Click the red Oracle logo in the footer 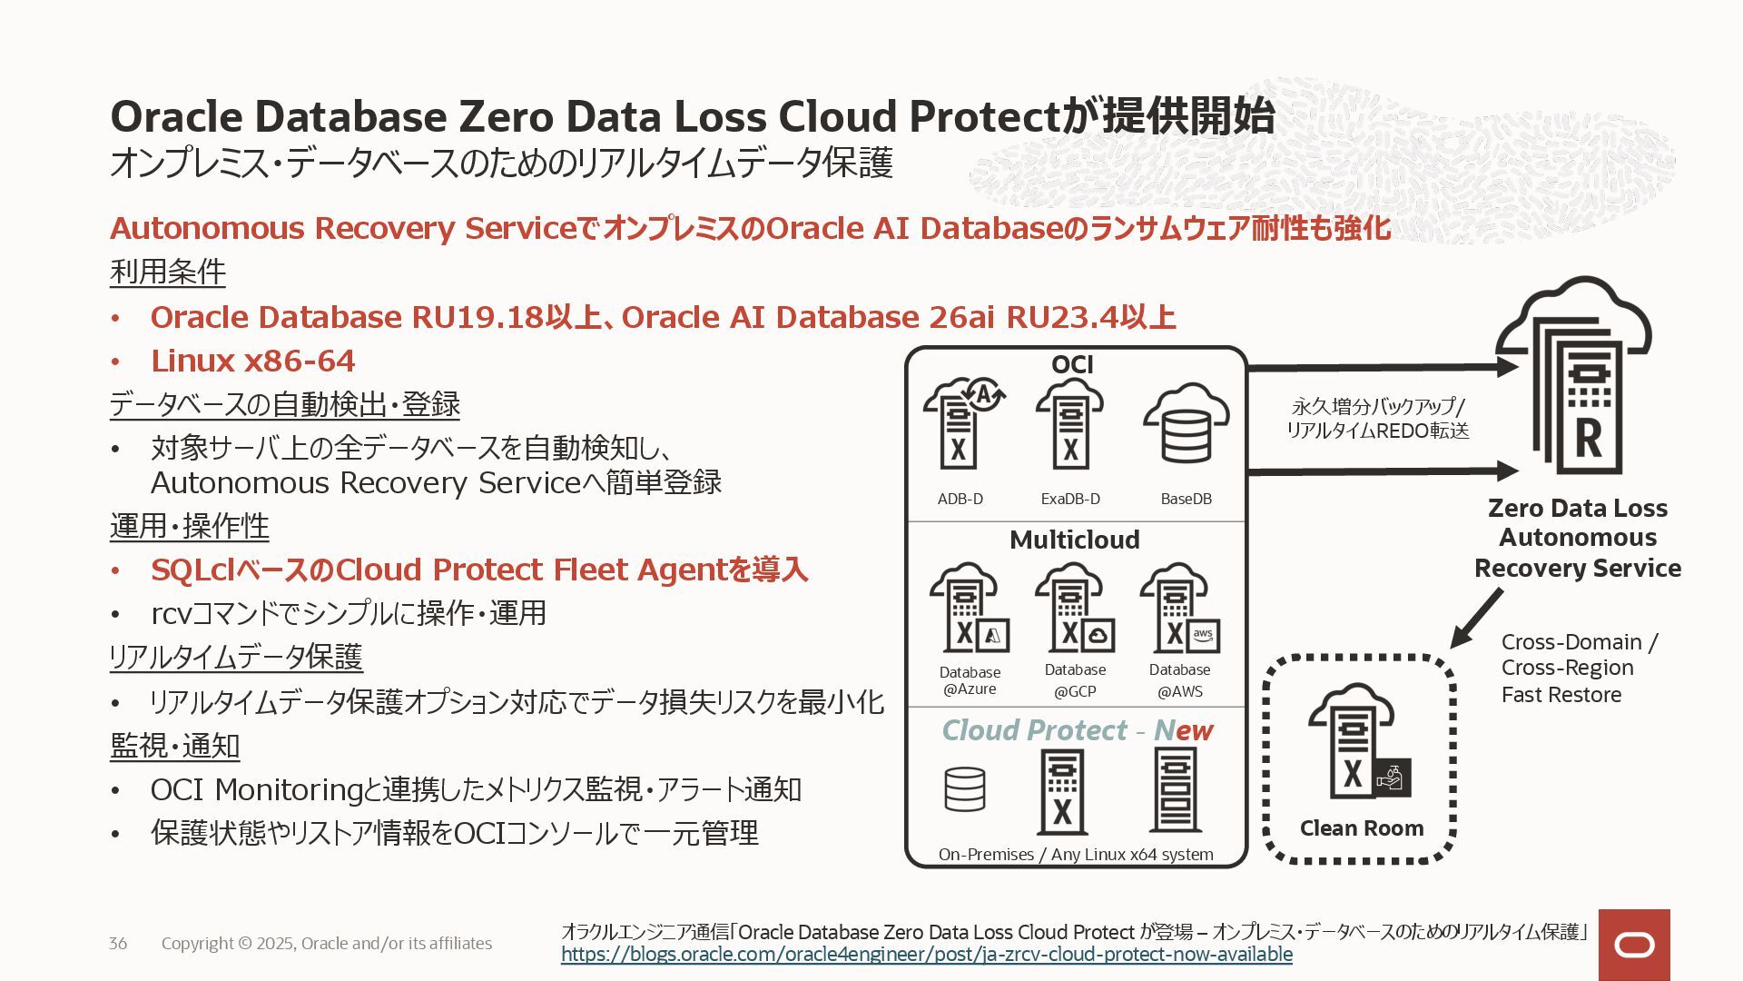(x=1634, y=946)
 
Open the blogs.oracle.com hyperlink (x=926, y=955)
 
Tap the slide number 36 (x=118, y=944)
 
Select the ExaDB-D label (x=1070, y=499)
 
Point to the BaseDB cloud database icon (x=1186, y=424)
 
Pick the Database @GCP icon (x=1074, y=609)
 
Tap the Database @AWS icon (x=1179, y=609)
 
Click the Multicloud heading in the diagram (x=1074, y=540)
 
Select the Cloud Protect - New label (x=1077, y=730)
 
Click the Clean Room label (x=1361, y=828)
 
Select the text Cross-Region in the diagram (x=1567, y=668)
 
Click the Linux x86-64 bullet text (x=252, y=361)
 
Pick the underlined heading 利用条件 (x=168, y=272)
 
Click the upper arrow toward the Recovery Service (x=1380, y=368)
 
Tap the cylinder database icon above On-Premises (x=964, y=790)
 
